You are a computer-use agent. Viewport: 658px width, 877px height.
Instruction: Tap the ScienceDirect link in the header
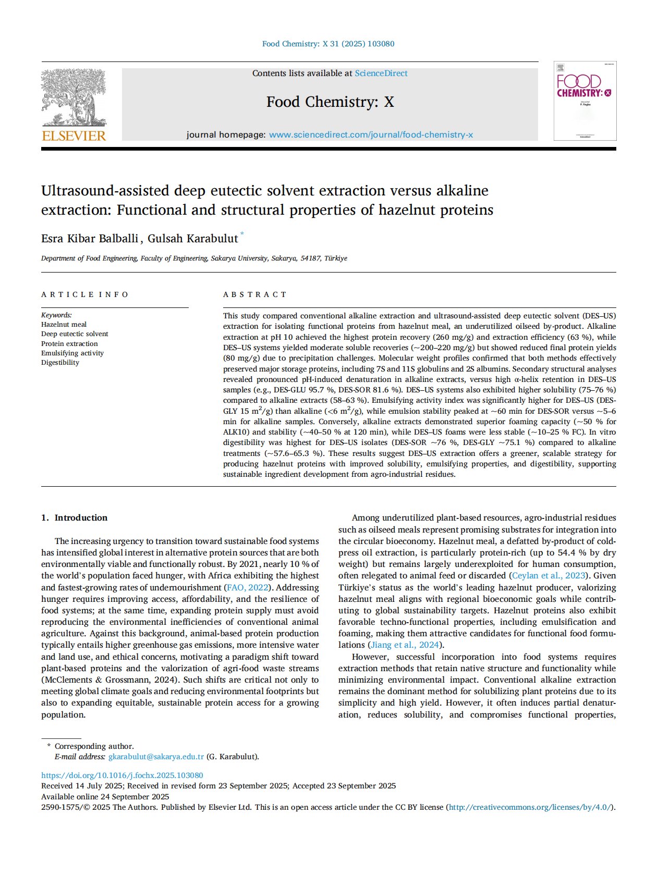[381, 73]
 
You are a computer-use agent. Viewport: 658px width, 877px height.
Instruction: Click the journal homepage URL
[371, 135]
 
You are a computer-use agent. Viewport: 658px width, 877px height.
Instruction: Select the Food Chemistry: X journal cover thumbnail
[584, 101]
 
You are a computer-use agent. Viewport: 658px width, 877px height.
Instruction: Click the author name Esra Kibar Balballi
[90, 239]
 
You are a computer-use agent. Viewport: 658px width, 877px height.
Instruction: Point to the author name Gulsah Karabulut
[192, 239]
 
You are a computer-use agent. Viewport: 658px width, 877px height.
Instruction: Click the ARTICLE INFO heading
[84, 295]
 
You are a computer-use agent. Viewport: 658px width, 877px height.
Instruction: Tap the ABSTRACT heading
[254, 295]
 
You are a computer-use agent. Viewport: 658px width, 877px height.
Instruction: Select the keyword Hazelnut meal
[64, 325]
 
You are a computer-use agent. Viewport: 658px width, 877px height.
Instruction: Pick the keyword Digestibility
[60, 363]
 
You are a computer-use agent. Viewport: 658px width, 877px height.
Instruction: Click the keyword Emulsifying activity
[72, 353]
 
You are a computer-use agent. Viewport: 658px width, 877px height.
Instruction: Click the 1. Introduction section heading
[75, 518]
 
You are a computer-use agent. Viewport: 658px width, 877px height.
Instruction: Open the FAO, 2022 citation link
[247, 588]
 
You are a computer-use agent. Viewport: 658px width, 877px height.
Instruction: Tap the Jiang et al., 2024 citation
[405, 645]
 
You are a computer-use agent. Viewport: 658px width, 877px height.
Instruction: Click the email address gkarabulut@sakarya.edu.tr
[156, 757]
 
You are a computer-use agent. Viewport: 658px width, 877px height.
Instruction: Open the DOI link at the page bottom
[122, 776]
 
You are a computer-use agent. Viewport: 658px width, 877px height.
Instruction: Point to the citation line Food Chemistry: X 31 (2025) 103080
[328, 44]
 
